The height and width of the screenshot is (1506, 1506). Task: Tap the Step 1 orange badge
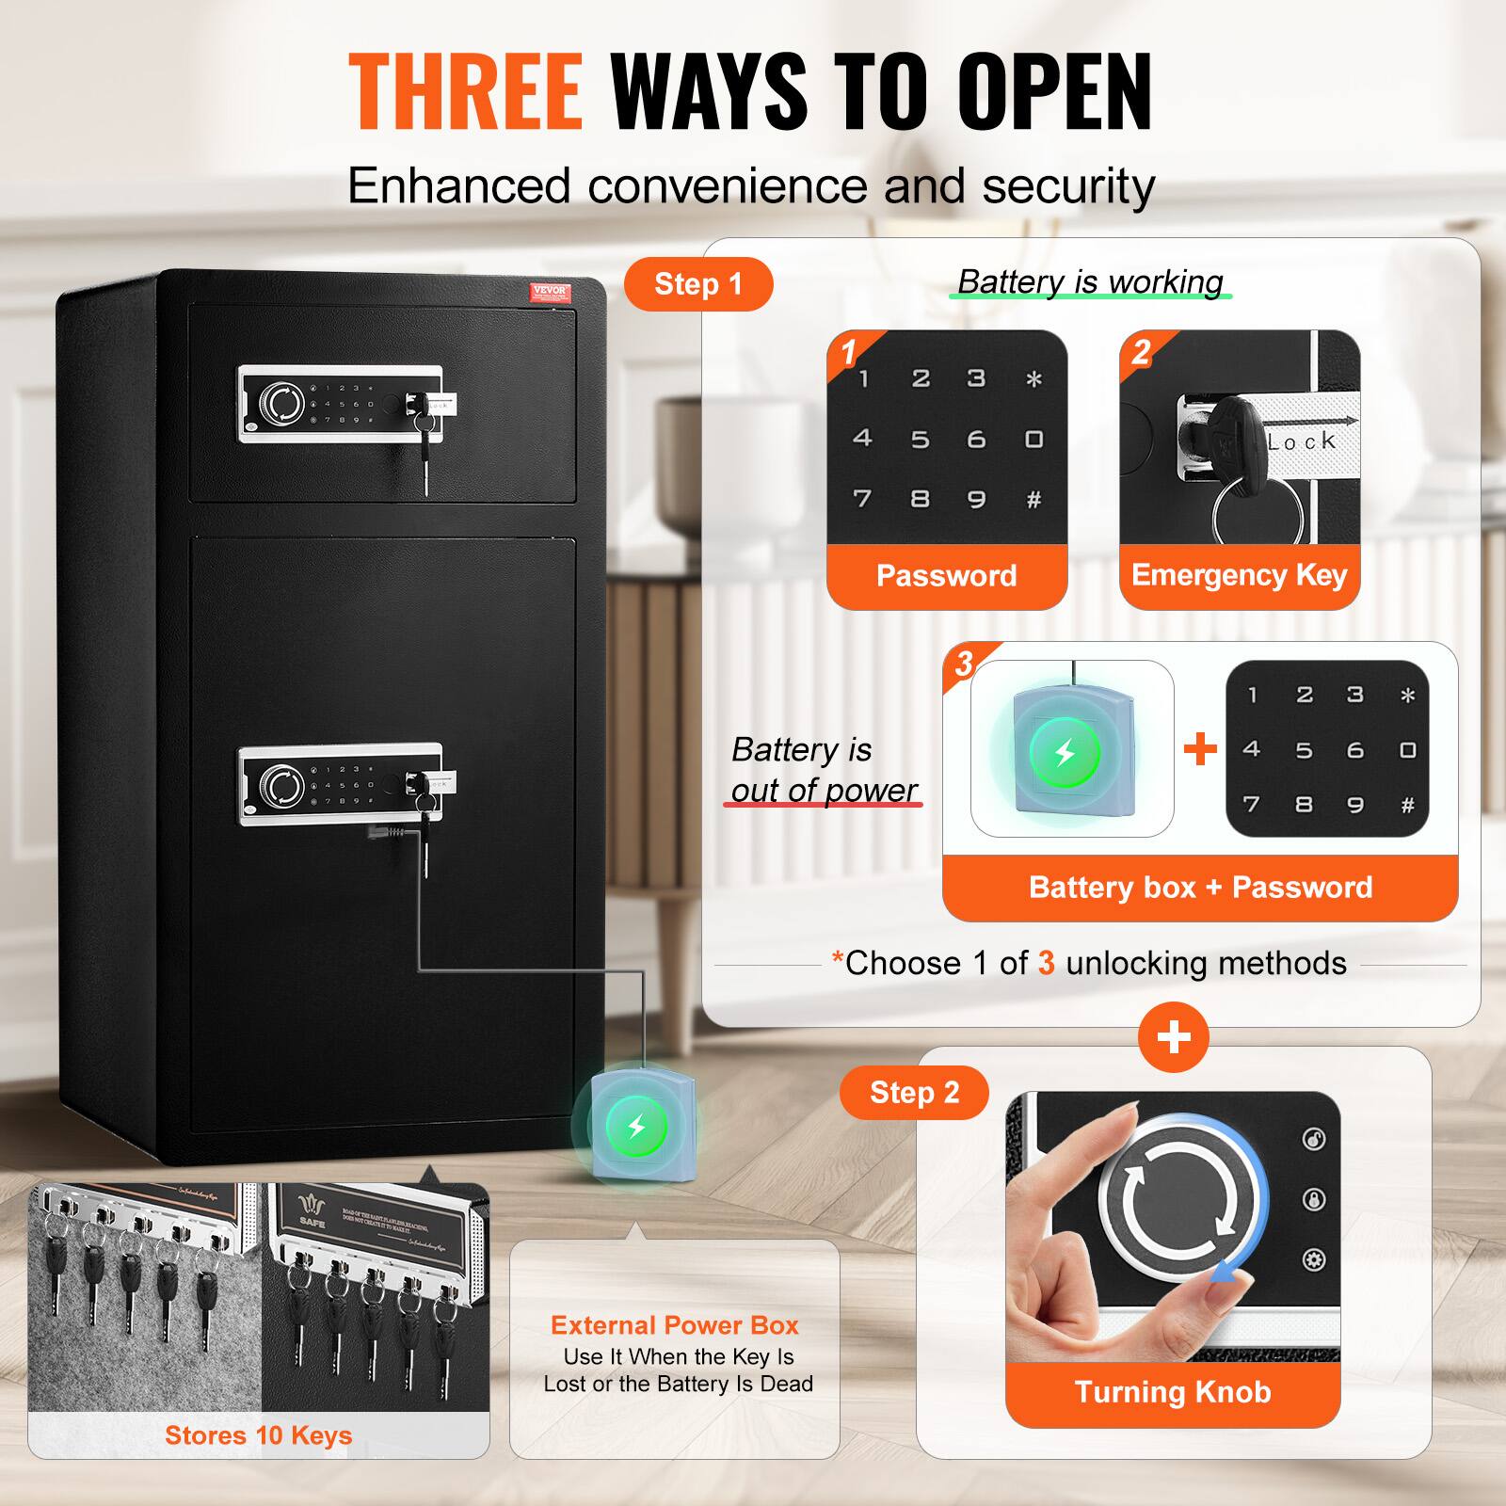tap(698, 283)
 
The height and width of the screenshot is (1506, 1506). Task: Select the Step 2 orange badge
tap(914, 1092)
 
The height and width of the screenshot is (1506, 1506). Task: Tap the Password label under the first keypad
tap(946, 575)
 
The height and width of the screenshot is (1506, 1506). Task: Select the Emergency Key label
tap(1239, 575)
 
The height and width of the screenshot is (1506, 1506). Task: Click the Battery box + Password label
tap(1200, 887)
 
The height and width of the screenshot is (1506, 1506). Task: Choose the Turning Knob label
tap(1173, 1392)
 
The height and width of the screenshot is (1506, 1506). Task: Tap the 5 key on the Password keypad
tap(920, 440)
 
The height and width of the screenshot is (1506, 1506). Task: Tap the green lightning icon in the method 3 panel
tap(1065, 753)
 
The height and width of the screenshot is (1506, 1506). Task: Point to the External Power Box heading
tap(674, 1325)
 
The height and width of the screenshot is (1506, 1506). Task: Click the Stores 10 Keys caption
tap(258, 1435)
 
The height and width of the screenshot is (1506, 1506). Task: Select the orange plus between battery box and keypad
tap(1199, 750)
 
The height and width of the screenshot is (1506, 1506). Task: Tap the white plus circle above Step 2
tap(1174, 1037)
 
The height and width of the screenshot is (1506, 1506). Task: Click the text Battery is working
tap(1090, 281)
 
